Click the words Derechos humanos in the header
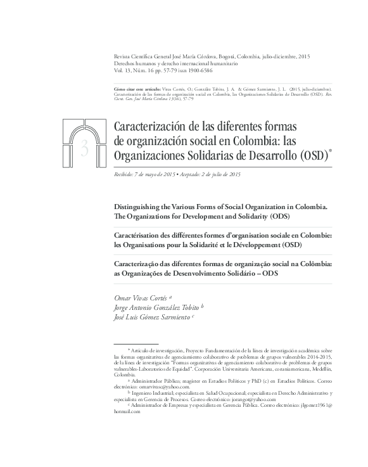click(x=131, y=64)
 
